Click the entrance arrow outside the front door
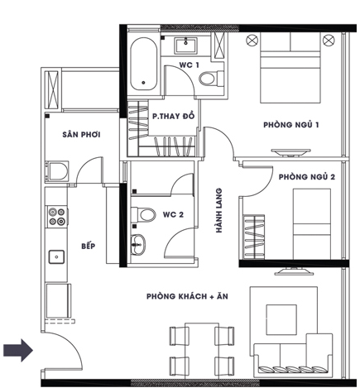[x=18, y=350]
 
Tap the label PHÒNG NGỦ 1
[x=291, y=125]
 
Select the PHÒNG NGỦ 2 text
[x=307, y=177]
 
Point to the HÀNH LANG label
[x=219, y=210]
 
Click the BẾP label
[x=89, y=246]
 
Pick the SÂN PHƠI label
[x=81, y=135]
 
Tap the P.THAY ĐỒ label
[x=174, y=116]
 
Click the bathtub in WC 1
[x=143, y=64]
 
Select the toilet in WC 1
[x=211, y=79]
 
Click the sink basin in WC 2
[x=137, y=244]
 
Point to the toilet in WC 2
[x=143, y=214]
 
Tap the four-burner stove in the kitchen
[x=57, y=217]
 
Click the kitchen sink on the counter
[x=56, y=256]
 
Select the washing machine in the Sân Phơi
[x=57, y=171]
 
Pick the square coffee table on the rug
[x=281, y=319]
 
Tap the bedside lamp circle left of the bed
[x=252, y=41]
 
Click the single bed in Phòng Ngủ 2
[x=312, y=224]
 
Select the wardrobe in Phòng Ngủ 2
[x=253, y=237]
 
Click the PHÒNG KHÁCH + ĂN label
[x=187, y=296]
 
